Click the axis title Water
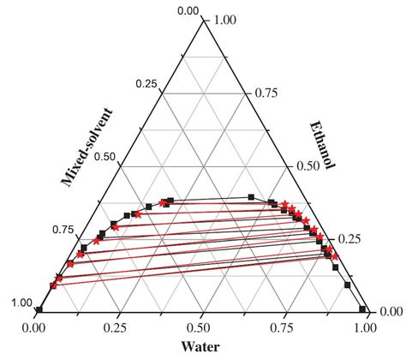[203, 346]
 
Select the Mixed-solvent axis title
[89, 147]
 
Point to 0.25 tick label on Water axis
[118, 327]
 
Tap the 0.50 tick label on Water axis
[201, 327]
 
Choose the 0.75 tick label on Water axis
[284, 327]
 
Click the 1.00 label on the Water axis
[367, 327]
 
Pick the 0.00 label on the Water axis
[35, 327]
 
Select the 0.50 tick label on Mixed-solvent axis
[106, 158]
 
